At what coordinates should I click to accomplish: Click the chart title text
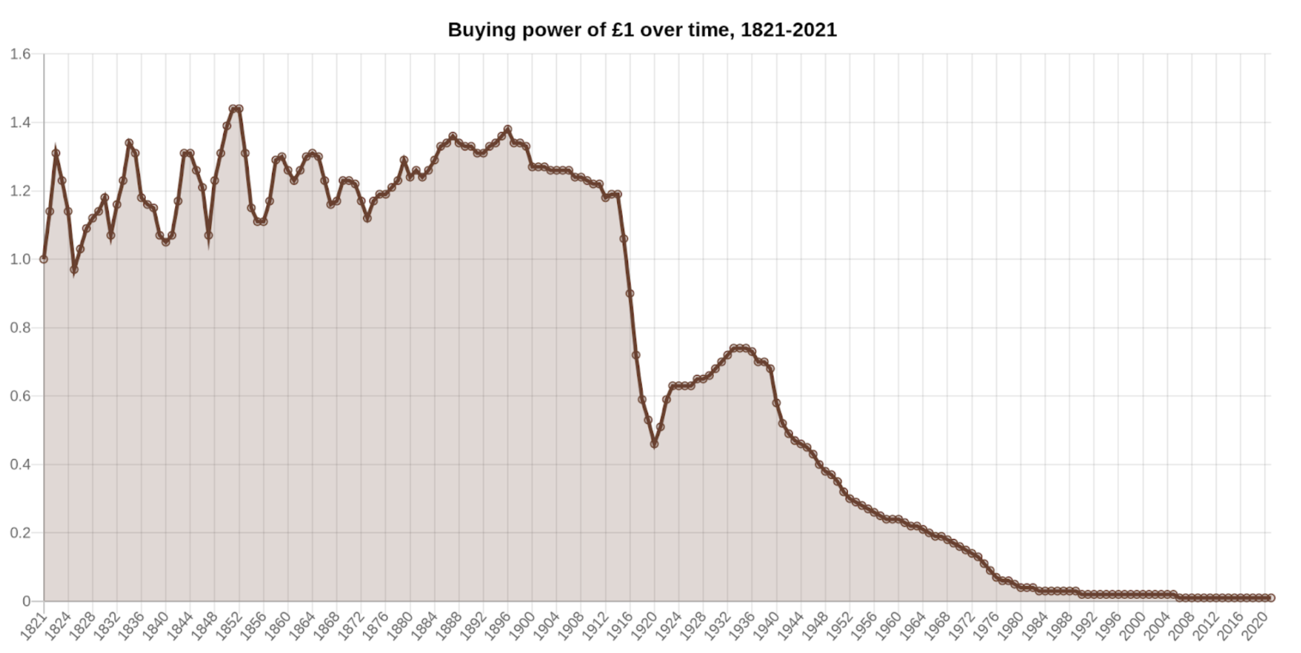(642, 30)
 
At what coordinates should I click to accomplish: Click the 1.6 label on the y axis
(20, 54)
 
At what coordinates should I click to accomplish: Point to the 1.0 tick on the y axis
(20, 259)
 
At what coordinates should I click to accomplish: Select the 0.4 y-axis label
(20, 464)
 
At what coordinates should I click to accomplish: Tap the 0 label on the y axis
(27, 601)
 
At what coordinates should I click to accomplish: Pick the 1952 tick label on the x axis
(839, 626)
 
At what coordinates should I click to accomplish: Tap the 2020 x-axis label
(1254, 626)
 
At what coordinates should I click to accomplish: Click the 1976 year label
(985, 626)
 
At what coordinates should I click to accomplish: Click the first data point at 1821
(44, 259)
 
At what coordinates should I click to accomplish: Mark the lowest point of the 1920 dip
(654, 444)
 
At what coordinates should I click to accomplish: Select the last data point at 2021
(1271, 598)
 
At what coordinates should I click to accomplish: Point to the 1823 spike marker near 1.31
(56, 153)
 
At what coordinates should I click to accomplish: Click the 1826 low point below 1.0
(74, 270)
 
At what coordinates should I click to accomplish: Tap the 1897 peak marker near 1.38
(508, 130)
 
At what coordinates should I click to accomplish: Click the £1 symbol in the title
(622, 30)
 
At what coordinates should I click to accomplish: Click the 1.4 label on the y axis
(20, 122)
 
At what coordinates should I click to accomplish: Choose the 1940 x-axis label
(766, 626)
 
